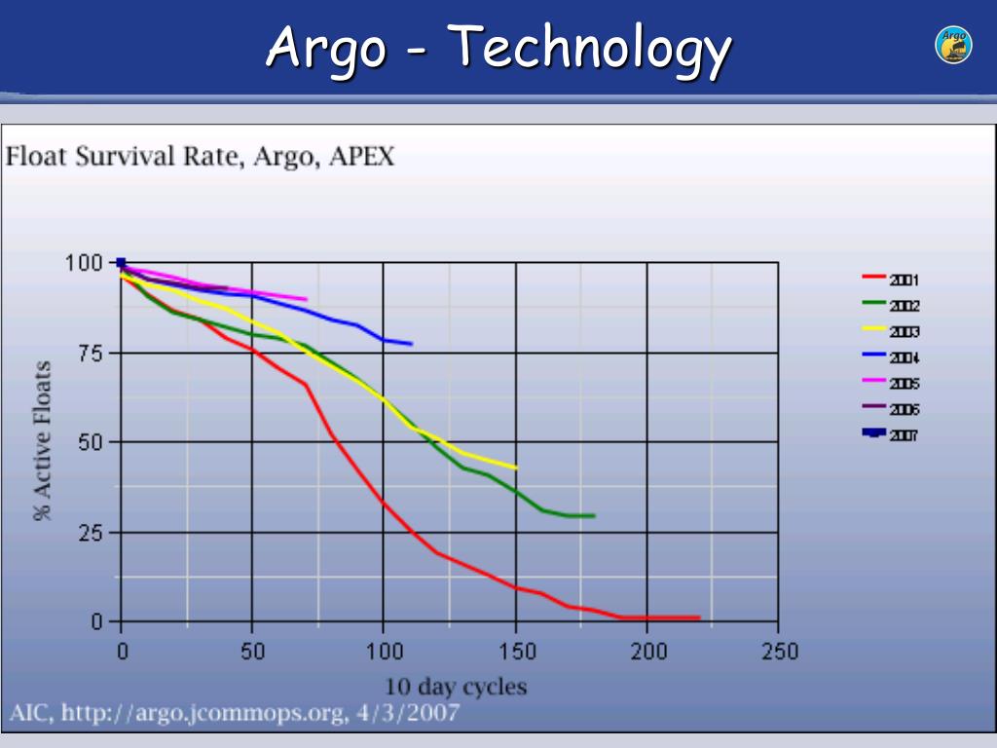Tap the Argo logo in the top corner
coord(953,46)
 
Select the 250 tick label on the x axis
coord(779,652)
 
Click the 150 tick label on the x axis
coord(516,652)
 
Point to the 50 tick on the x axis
coord(253,652)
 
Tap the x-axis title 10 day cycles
coord(456,687)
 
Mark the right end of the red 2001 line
coord(699,617)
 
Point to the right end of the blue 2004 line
coord(412,344)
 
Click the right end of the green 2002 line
coord(594,515)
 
